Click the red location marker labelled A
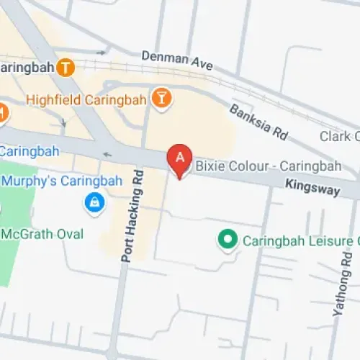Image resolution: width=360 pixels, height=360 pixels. [x=179, y=158]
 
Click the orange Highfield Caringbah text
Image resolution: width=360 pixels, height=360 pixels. [x=86, y=99]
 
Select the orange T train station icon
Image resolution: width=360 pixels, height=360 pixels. [x=66, y=68]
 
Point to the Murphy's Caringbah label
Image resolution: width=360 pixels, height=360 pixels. [x=47, y=179]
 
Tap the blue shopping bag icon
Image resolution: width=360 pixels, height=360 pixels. [x=94, y=203]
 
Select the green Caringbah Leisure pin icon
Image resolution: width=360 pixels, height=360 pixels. [x=228, y=239]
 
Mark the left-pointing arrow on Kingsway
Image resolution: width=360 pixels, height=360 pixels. [x=108, y=153]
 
